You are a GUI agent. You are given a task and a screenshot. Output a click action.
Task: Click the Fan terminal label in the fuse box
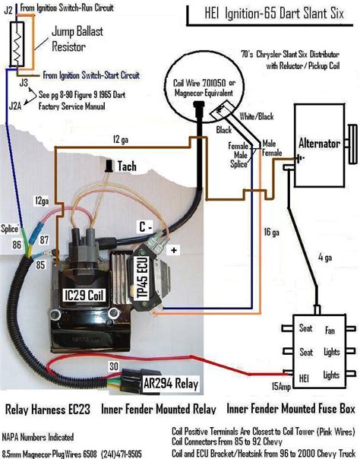point(332,330)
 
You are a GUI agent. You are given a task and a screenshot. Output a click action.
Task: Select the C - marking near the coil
point(144,226)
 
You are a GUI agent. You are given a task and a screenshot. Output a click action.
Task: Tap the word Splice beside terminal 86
point(11,227)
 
